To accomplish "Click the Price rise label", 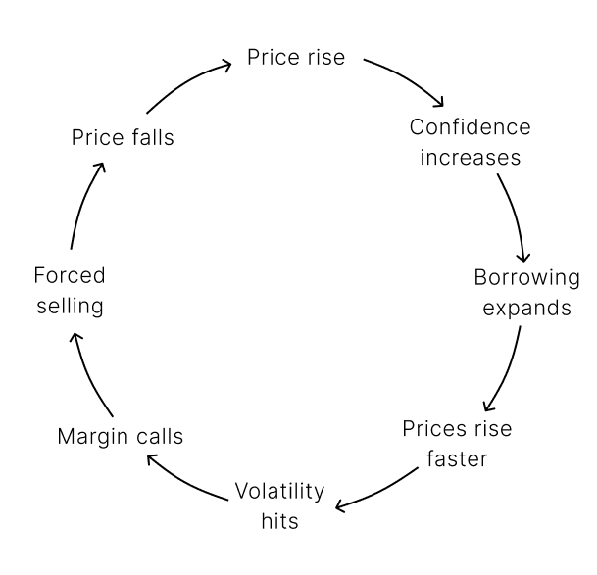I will [296, 57].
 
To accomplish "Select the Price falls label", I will [123, 137].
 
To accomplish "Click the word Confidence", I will [471, 127].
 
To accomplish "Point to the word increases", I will [471, 157].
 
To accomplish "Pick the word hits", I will [279, 520].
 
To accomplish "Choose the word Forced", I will [69, 275].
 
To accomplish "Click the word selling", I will [69, 306].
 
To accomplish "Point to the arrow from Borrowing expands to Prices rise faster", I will [505, 367].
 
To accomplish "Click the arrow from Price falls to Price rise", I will [186, 83].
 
